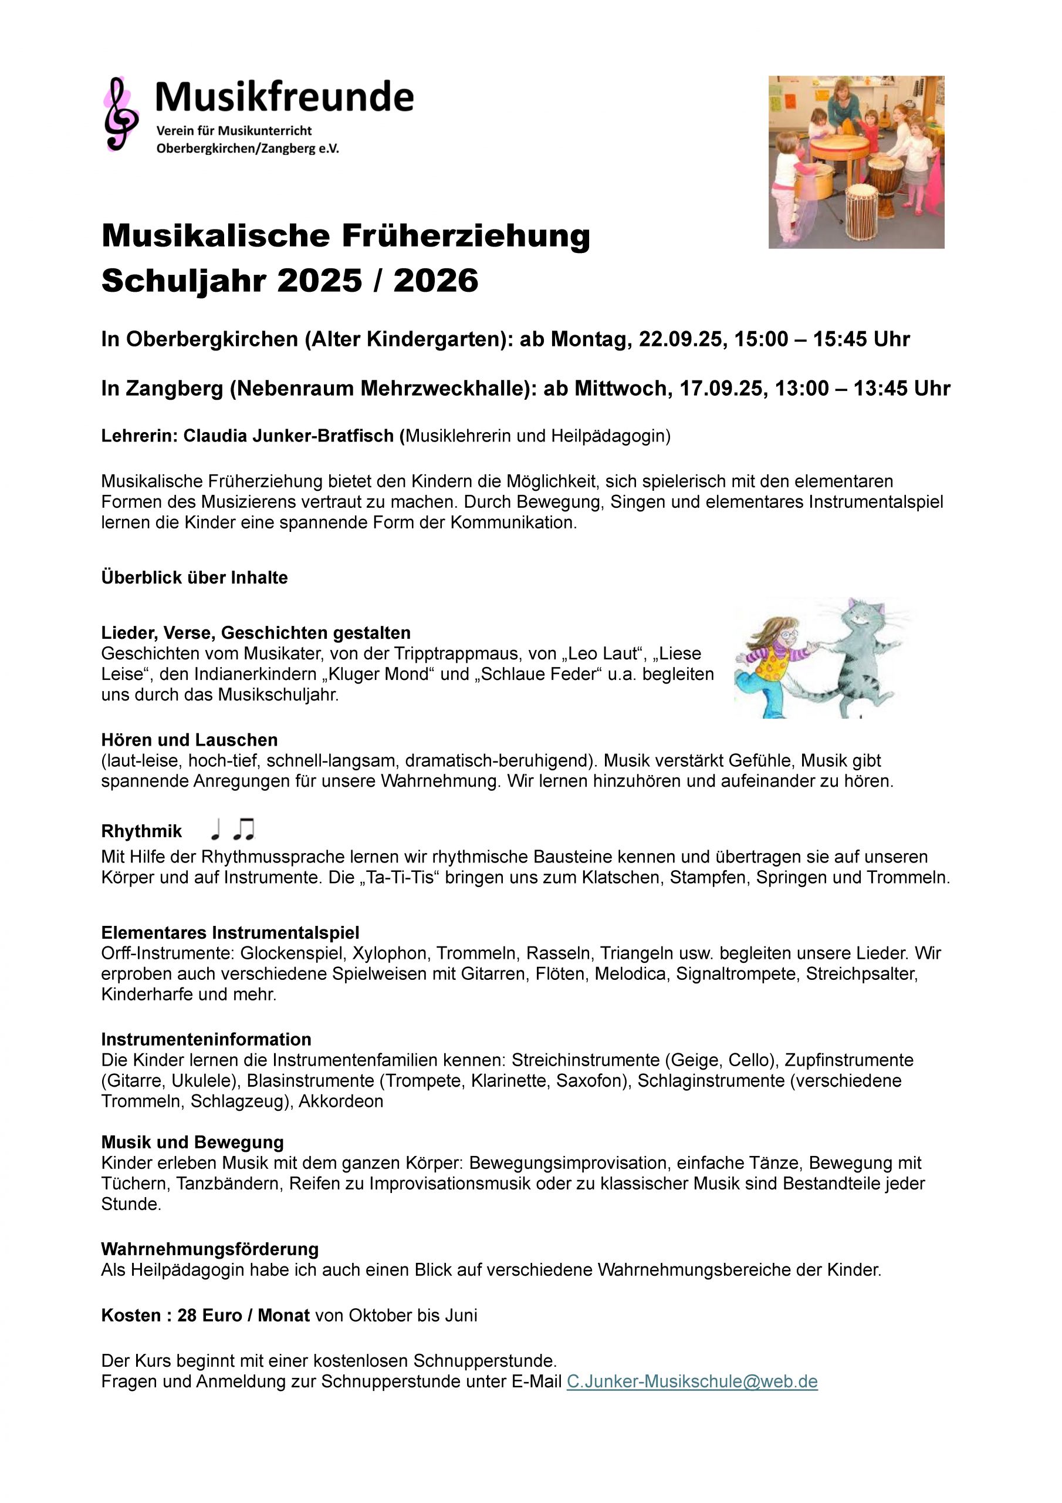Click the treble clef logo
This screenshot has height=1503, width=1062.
point(120,114)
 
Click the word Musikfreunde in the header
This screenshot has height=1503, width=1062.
point(284,97)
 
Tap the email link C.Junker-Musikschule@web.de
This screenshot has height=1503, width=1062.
point(692,1381)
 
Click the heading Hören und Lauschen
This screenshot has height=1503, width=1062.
point(189,740)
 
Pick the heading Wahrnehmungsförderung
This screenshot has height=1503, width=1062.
point(209,1249)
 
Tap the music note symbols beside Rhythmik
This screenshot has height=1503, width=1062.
point(232,830)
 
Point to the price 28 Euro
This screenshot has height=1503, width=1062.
point(209,1315)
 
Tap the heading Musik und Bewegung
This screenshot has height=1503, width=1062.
point(192,1143)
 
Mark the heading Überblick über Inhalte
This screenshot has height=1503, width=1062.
point(194,577)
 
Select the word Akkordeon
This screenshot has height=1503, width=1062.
point(341,1101)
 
